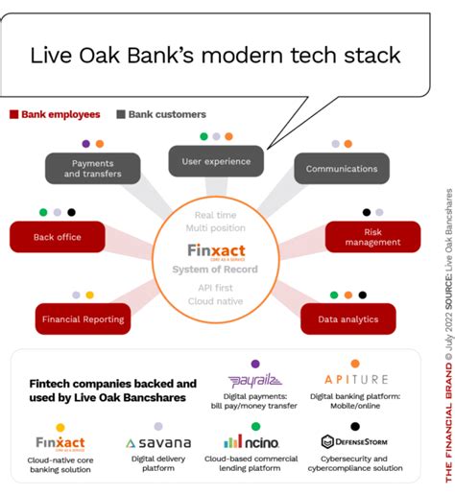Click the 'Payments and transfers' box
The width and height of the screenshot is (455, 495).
click(92, 169)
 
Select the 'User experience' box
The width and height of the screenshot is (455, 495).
click(216, 161)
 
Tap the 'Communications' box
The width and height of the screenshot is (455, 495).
click(342, 169)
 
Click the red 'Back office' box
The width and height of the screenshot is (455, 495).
click(58, 237)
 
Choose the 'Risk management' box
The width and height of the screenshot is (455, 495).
click(372, 237)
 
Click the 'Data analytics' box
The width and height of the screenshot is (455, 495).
click(347, 319)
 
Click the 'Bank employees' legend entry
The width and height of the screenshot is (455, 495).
click(55, 114)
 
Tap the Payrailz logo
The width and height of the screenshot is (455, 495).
click(254, 381)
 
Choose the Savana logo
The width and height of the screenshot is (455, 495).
click(158, 443)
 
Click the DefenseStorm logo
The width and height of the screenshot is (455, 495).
click(354, 442)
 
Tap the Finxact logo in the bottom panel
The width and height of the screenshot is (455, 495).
click(60, 443)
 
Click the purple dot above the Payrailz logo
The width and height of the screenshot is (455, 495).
click(255, 364)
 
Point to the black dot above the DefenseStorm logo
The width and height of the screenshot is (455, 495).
click(355, 426)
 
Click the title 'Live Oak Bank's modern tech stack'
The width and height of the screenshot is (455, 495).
click(215, 54)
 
